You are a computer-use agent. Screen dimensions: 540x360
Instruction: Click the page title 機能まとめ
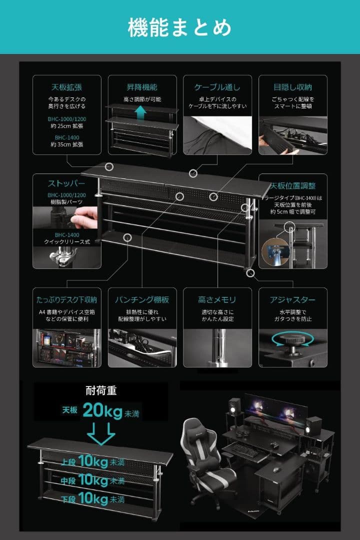(x=179, y=27)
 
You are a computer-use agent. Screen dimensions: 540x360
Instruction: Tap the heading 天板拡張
(x=67, y=87)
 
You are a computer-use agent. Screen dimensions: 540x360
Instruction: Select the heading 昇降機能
(x=142, y=87)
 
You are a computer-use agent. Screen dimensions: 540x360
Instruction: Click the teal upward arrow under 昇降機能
(x=142, y=113)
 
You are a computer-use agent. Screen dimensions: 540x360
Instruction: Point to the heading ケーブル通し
(x=217, y=87)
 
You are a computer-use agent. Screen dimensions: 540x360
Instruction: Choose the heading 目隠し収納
(x=292, y=87)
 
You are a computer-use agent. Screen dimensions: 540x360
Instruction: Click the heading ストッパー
(x=67, y=183)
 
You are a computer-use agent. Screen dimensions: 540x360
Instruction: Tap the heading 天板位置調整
(x=292, y=185)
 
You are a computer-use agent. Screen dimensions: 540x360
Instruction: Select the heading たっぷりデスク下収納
(x=67, y=300)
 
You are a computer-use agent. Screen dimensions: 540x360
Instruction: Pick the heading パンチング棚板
(x=142, y=300)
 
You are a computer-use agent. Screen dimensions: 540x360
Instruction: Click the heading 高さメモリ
(x=217, y=300)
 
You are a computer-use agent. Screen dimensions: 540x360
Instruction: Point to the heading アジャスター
(x=292, y=300)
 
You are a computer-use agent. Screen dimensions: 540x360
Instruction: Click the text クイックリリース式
(x=67, y=242)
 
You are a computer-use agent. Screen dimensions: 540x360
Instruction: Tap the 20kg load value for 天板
(x=102, y=410)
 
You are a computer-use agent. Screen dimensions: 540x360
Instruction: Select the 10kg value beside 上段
(x=93, y=461)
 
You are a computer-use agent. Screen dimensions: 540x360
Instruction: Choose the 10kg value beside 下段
(x=93, y=498)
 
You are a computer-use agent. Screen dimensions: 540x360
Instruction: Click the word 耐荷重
(x=101, y=391)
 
